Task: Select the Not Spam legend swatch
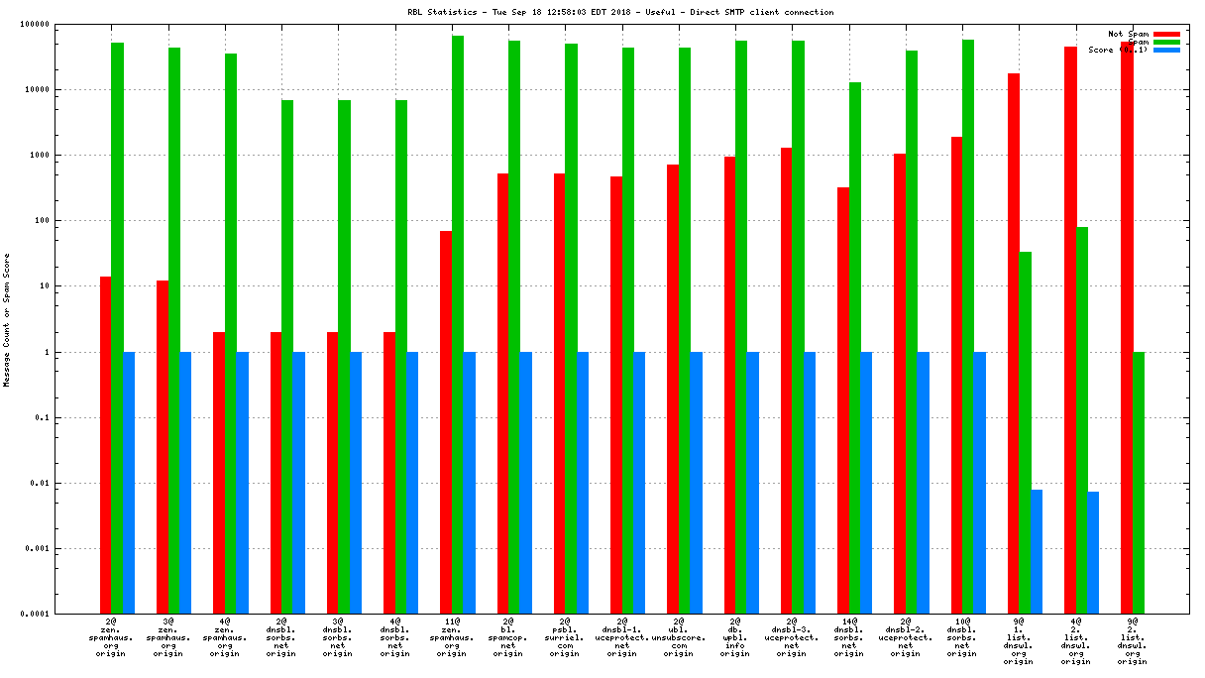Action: click(1166, 34)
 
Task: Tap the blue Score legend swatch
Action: click(1166, 50)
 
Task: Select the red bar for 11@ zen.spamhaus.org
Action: click(446, 421)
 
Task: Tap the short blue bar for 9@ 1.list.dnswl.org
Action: click(1037, 551)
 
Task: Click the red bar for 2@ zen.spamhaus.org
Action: click(105, 445)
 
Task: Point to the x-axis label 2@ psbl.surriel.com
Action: click(565, 639)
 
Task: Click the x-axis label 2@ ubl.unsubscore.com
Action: click(678, 639)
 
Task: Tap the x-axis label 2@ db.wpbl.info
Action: click(734, 639)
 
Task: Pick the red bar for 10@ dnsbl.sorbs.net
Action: click(956, 376)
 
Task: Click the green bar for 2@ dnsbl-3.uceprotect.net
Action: click(799, 327)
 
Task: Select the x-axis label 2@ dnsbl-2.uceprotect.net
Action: click(905, 639)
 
